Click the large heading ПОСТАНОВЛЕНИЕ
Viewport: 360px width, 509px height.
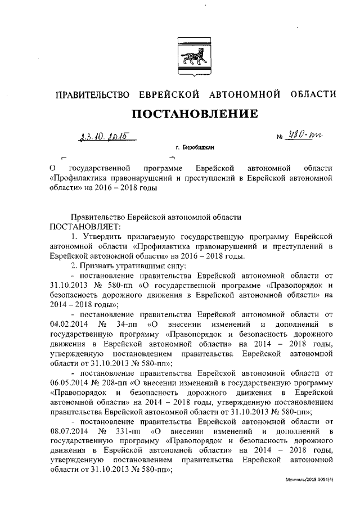pos(195,114)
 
